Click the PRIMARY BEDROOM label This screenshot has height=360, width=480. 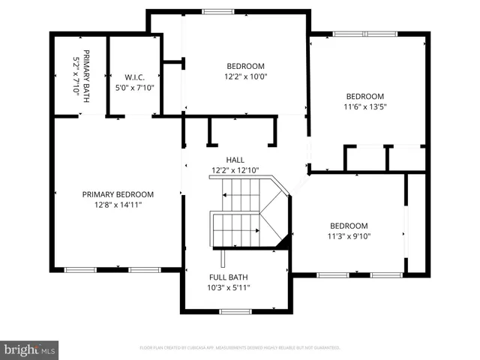(x=118, y=194)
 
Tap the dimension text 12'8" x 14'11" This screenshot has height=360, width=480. (x=118, y=205)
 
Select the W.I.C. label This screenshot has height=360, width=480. (x=133, y=76)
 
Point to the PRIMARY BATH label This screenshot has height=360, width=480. (x=86, y=72)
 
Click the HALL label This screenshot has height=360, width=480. (x=235, y=160)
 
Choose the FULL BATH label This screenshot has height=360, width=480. (x=229, y=277)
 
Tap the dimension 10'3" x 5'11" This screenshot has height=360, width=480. (x=229, y=287)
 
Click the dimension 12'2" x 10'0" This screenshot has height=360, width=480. (x=246, y=76)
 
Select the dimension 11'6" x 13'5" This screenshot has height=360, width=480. (x=364, y=106)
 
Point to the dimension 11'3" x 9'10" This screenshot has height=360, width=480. (x=349, y=236)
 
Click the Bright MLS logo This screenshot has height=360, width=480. (x=30, y=349)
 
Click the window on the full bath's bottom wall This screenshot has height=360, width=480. (x=235, y=311)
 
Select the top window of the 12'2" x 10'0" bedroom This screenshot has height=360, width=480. (x=217, y=11)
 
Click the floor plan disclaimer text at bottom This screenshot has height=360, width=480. (x=240, y=348)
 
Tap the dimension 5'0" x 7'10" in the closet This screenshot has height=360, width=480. (x=133, y=87)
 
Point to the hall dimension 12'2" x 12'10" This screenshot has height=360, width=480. (x=235, y=171)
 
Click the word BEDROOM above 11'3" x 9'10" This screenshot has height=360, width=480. (x=349, y=226)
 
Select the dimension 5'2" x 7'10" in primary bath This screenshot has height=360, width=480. (x=76, y=72)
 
